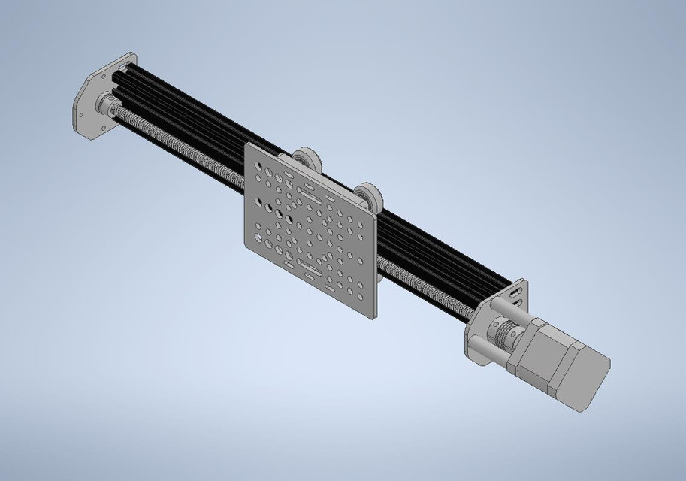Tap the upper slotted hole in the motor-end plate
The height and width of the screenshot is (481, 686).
point(517,289)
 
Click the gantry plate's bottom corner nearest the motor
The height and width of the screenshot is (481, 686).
point(373,316)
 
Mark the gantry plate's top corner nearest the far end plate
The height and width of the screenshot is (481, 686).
point(248,145)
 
